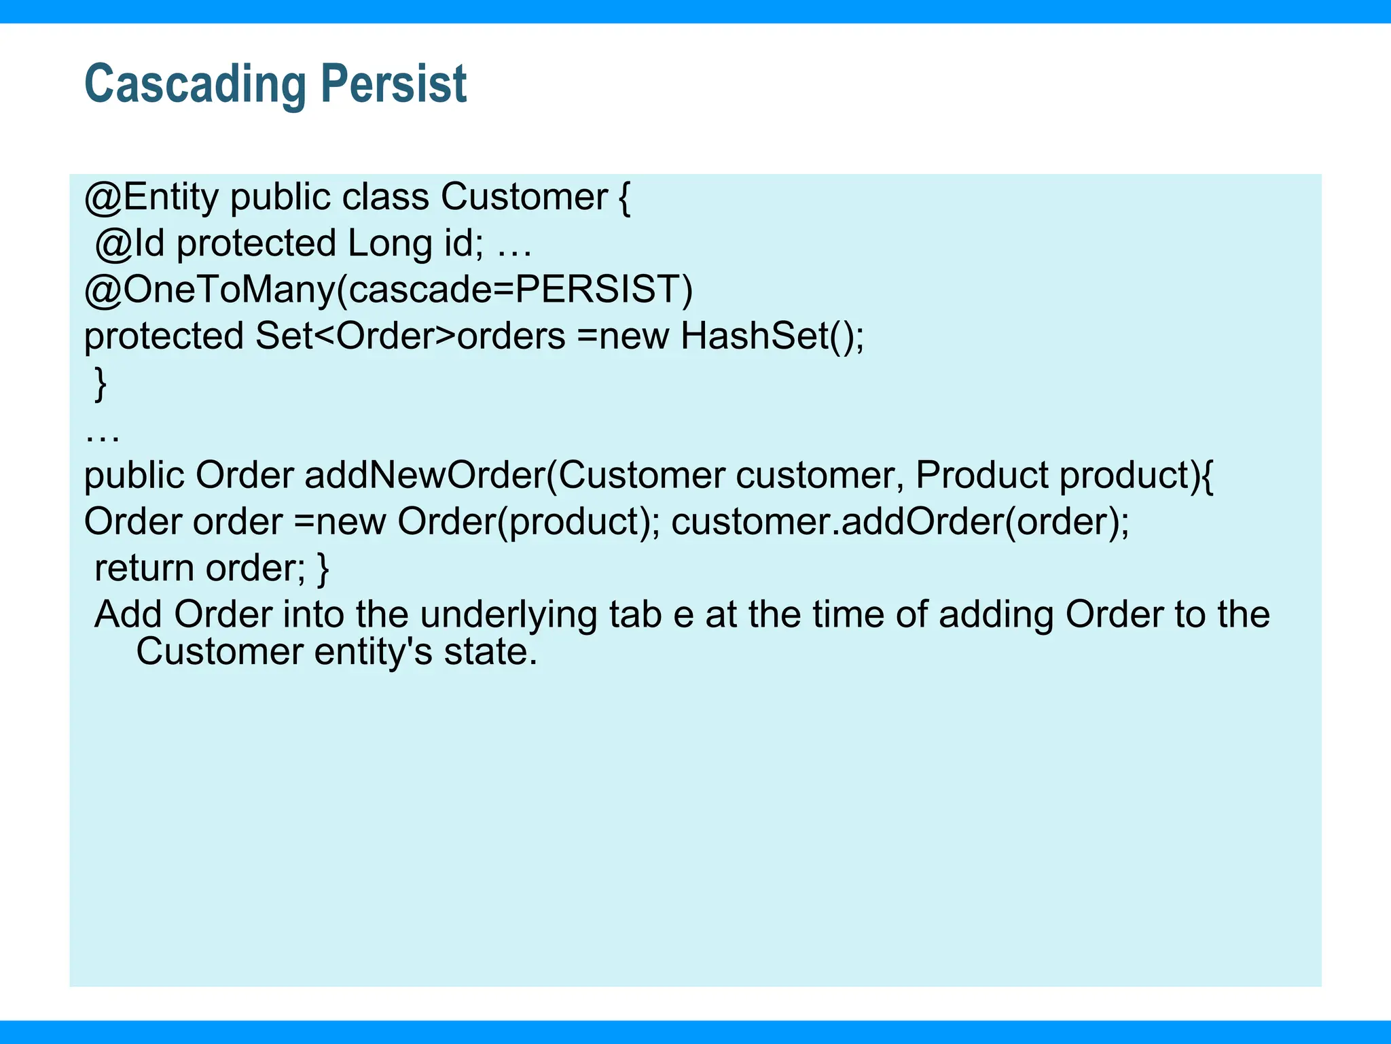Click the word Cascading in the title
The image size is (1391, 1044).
[x=196, y=84]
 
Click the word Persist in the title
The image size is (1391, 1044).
[x=393, y=84]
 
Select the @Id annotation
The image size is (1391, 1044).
[x=130, y=243]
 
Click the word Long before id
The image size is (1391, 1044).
[x=390, y=243]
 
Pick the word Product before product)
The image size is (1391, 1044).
[x=981, y=475]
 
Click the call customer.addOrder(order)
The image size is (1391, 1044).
[x=899, y=521]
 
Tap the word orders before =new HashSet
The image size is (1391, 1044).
[x=511, y=336]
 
